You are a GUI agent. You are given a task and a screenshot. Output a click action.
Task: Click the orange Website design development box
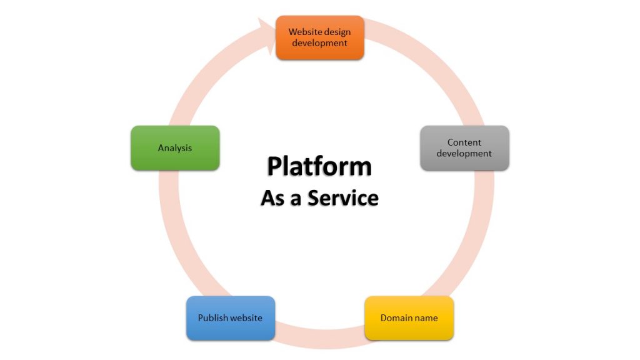[319, 37]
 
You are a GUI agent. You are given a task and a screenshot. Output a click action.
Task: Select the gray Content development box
[464, 148]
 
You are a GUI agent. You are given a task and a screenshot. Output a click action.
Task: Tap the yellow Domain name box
[409, 318]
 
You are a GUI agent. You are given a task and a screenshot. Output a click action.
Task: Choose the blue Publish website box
[230, 318]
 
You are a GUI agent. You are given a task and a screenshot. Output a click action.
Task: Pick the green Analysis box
[175, 148]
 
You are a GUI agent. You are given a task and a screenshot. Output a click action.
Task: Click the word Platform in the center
[319, 167]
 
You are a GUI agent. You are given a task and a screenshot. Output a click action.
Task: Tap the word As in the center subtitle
[273, 198]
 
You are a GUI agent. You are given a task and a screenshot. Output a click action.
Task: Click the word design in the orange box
[337, 32]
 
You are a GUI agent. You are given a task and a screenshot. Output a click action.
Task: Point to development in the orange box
[319, 43]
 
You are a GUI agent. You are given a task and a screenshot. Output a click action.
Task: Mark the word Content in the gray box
[464, 142]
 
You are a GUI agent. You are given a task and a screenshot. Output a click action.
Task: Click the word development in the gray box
[464, 154]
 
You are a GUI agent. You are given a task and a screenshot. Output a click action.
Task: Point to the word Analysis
[175, 148]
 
